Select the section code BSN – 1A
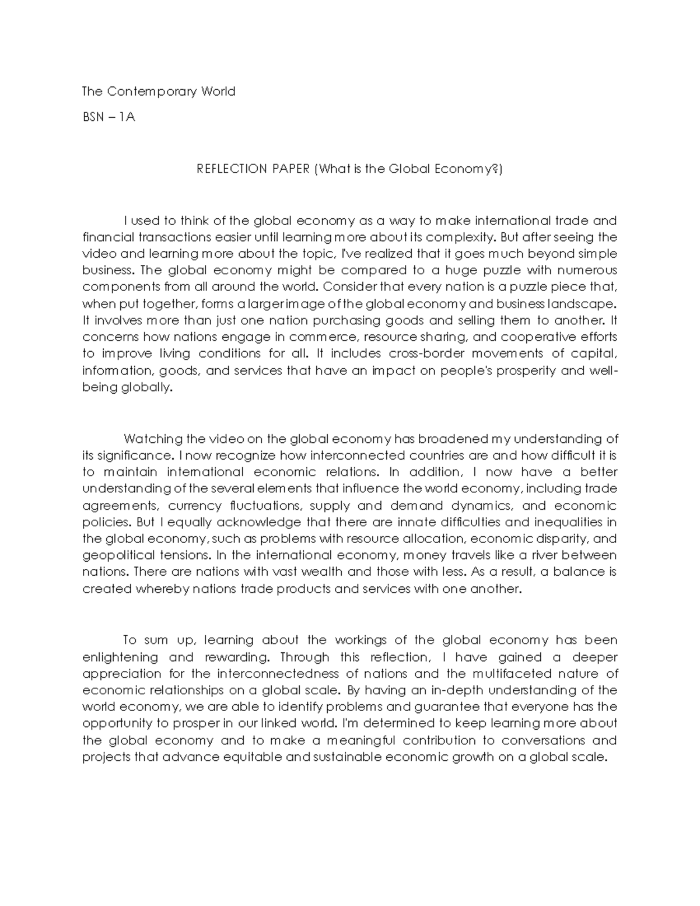[x=108, y=117]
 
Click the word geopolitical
[x=119, y=555]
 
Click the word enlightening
[x=120, y=657]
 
